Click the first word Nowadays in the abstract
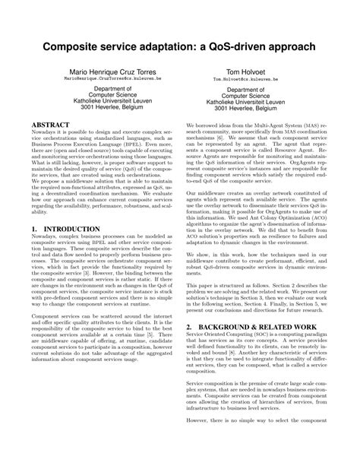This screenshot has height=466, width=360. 45,132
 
